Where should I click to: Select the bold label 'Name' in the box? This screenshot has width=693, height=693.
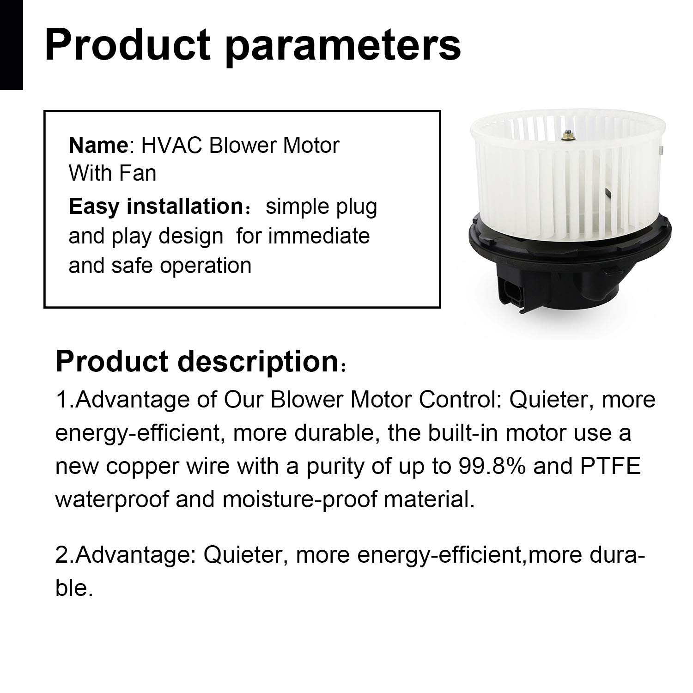(98, 146)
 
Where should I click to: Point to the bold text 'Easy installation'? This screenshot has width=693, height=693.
(156, 207)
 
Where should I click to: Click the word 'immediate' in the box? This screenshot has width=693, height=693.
(319, 236)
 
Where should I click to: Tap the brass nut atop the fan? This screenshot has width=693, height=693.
(565, 136)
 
